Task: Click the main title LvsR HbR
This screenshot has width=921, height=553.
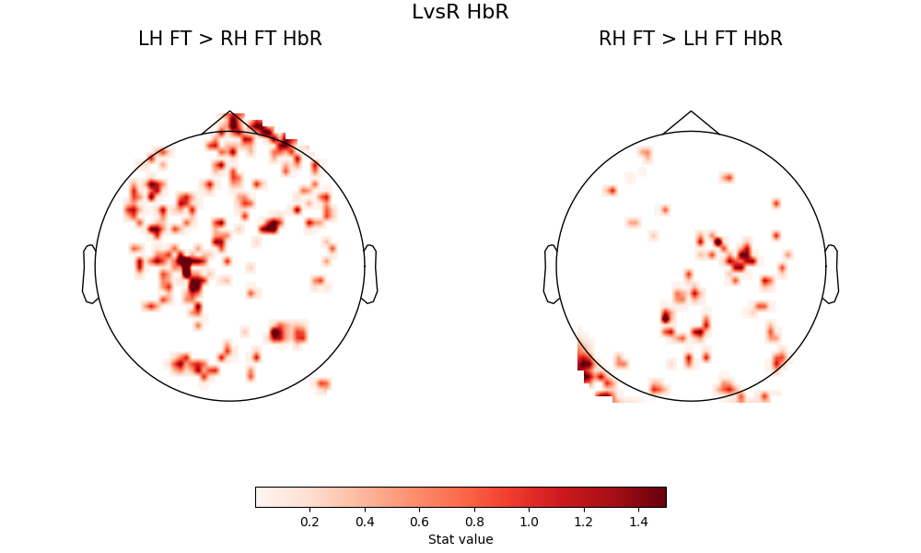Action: pos(460,12)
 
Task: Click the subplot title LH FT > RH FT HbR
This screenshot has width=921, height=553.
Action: pos(229,39)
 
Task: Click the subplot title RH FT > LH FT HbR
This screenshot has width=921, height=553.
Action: pos(690,39)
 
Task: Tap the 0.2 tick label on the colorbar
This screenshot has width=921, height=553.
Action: pos(309,522)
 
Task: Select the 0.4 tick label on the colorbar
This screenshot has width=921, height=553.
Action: pos(365,522)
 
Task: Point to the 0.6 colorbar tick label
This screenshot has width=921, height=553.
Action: pos(419,522)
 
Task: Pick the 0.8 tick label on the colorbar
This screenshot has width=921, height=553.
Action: pos(474,522)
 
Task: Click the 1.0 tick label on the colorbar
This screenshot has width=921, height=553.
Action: pos(529,522)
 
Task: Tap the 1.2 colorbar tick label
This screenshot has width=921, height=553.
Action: pos(584,522)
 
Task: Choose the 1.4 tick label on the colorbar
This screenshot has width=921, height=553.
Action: pos(638,522)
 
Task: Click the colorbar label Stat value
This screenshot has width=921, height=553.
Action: pos(460,539)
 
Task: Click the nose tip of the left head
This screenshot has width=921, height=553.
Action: pos(229,112)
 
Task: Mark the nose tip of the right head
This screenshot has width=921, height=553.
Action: pos(691,112)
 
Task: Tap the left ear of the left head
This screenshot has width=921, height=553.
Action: pos(89,274)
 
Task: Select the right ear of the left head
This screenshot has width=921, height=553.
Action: pos(370,274)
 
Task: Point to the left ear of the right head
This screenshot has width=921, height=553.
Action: pos(551,274)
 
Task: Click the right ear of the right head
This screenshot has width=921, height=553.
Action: pos(832,274)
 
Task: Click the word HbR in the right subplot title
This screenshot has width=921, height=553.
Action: pos(764,39)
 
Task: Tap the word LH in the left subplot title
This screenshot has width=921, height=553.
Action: pos(150,39)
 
